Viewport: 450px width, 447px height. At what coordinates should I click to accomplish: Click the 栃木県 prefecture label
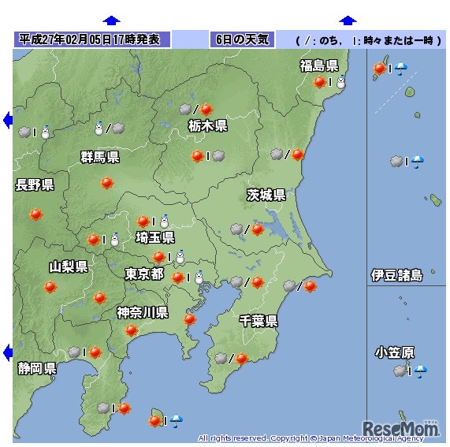pyautogui.click(x=208, y=125)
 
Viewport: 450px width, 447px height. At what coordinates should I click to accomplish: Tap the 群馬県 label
pyautogui.click(x=100, y=158)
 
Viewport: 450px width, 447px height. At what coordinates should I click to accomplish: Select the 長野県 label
pyautogui.click(x=35, y=185)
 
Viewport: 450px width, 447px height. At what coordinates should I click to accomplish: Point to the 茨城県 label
pyautogui.click(x=266, y=195)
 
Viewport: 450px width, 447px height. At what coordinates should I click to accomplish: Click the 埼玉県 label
pyautogui.click(x=155, y=238)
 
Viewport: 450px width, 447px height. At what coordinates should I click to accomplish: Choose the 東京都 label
pyautogui.click(x=144, y=274)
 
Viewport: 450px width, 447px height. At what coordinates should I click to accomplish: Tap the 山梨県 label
pyautogui.click(x=69, y=266)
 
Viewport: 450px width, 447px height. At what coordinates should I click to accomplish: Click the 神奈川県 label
pyautogui.click(x=143, y=313)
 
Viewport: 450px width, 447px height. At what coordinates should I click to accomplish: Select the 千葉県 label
pyautogui.click(x=258, y=320)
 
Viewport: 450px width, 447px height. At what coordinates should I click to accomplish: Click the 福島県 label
pyautogui.click(x=319, y=65)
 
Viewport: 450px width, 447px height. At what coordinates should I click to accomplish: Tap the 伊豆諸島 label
pyautogui.click(x=397, y=275)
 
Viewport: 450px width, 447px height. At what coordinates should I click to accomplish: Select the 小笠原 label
pyautogui.click(x=396, y=352)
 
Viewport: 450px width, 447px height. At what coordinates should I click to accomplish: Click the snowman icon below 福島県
pyautogui.click(x=341, y=82)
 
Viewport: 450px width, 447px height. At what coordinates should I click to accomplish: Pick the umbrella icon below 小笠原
pyautogui.click(x=421, y=371)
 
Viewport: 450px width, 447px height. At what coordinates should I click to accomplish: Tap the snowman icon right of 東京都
pyautogui.click(x=199, y=278)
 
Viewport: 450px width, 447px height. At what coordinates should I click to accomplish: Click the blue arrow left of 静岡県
pyautogui.click(x=7, y=352)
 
